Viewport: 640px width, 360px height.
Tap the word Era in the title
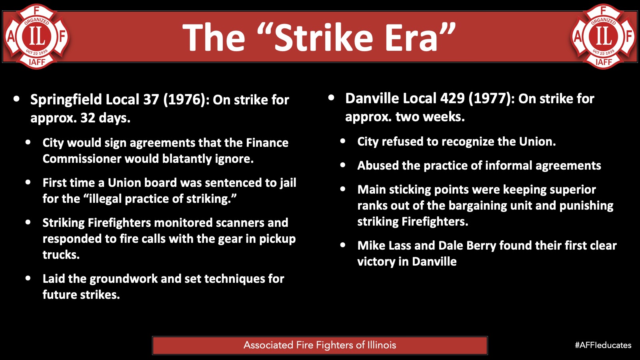click(x=412, y=38)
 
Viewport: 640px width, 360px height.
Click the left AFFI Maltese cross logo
click(x=36, y=36)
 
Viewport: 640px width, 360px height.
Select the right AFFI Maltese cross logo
click(x=604, y=36)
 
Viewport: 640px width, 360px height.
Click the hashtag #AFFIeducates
click(x=603, y=345)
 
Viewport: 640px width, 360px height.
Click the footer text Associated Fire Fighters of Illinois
click(x=320, y=345)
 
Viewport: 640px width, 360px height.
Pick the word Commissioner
click(x=82, y=159)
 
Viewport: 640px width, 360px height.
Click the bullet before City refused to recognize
click(x=343, y=141)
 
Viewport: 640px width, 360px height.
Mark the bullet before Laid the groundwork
click(x=28, y=278)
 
